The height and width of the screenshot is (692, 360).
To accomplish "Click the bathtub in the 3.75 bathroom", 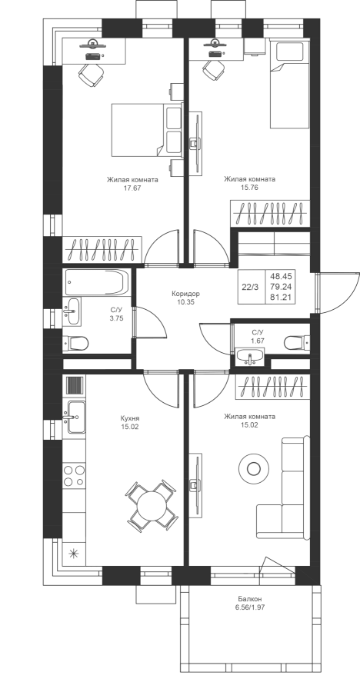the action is point(97,282).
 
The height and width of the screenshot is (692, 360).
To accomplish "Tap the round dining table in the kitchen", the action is point(151,505).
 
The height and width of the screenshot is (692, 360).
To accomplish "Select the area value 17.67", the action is point(132,188).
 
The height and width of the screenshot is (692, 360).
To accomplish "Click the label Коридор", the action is point(186,294).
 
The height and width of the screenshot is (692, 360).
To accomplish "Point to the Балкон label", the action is point(249,599).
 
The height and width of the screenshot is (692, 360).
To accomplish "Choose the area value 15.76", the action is point(249,187).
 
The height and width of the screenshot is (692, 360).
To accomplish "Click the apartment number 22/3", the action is point(251,287).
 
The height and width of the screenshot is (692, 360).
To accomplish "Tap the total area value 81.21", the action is point(281,297).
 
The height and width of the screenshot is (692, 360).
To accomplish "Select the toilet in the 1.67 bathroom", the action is point(297,342).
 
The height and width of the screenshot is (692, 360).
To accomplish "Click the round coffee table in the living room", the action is point(254,468).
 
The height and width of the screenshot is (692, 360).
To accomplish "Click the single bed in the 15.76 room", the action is point(289,84).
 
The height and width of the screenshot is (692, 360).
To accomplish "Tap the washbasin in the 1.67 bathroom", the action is point(250,357).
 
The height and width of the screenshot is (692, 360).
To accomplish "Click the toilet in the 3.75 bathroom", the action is point(75,343).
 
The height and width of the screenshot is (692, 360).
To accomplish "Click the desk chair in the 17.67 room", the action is point(92,75).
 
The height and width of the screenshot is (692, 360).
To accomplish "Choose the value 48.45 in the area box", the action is point(281,276).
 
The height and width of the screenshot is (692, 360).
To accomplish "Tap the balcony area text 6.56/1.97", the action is point(249,607).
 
